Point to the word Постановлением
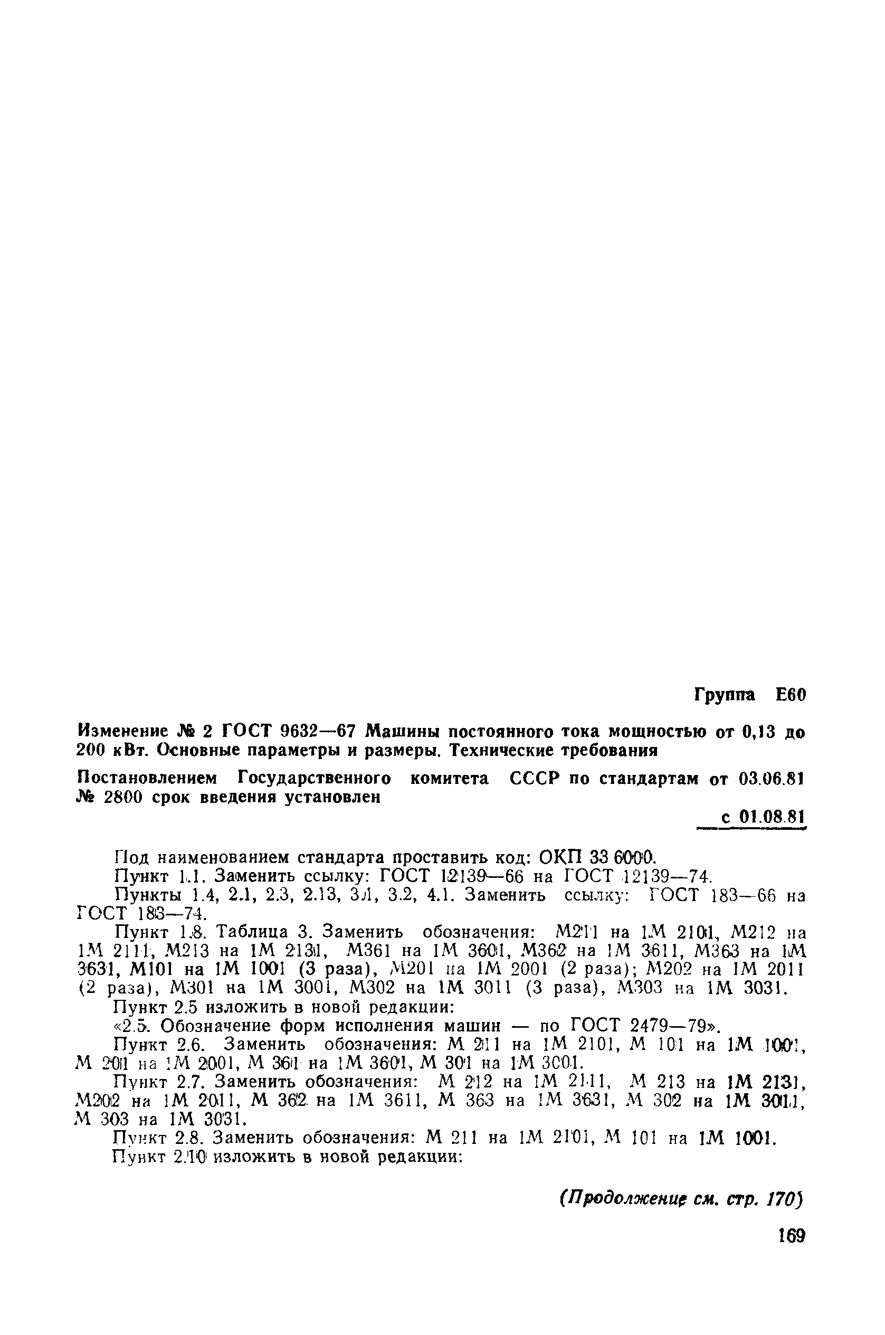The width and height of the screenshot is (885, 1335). tap(147, 779)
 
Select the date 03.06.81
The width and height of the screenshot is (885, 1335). tap(770, 779)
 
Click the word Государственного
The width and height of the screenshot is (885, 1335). tap(314, 779)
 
